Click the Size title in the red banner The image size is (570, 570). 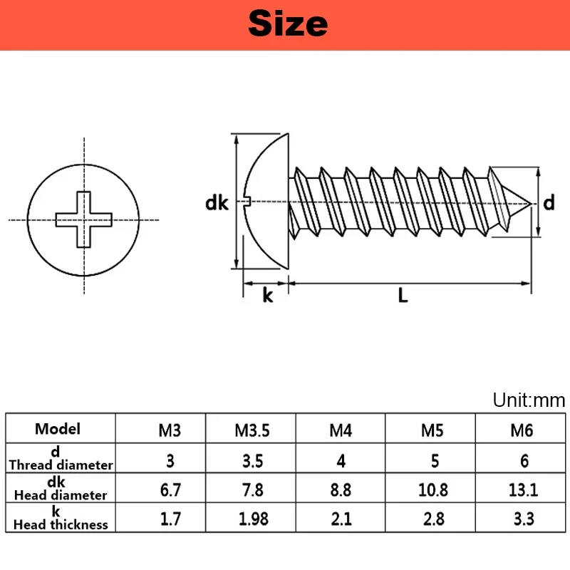(288, 24)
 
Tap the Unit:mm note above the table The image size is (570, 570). (529, 400)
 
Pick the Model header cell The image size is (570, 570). (58, 429)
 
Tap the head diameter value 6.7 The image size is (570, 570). (170, 489)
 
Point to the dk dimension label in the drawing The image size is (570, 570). (217, 203)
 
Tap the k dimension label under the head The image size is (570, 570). (267, 296)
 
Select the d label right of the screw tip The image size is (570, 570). (549, 203)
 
